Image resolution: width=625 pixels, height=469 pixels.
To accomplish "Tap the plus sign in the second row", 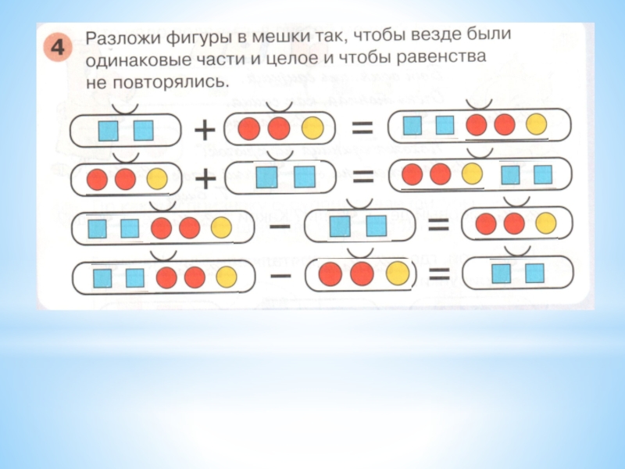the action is [205, 179].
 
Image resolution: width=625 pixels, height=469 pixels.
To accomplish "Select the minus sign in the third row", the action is [282, 227].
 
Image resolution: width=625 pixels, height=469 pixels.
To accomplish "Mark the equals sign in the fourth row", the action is [439, 274].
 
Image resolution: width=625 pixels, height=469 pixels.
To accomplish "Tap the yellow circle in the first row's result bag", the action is [536, 124].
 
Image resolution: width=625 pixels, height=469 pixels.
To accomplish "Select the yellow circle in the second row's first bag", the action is [156, 180].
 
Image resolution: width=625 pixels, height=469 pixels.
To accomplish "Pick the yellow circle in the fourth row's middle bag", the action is [397, 274].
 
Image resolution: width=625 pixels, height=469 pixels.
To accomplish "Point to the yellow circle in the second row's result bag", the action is [471, 174].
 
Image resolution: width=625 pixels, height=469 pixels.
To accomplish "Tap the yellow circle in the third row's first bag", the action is [221, 228].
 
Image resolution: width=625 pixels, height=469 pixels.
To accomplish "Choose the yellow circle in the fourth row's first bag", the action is [227, 277].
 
